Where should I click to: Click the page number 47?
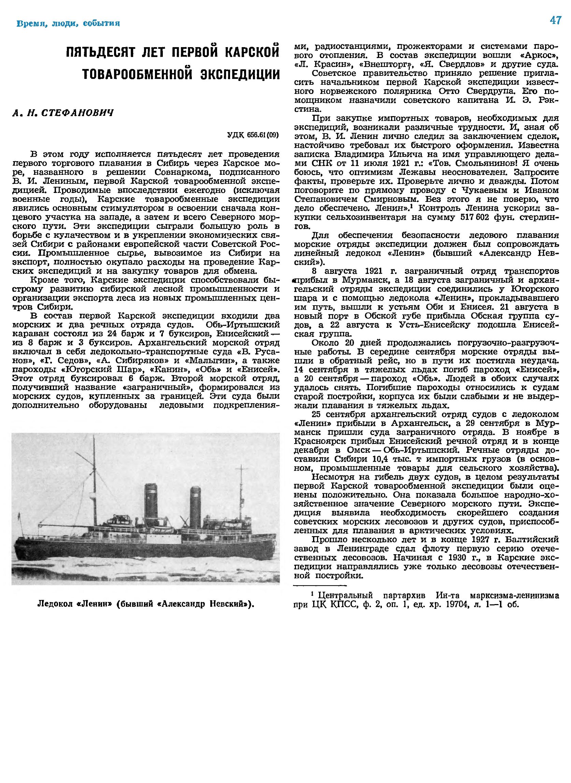click(x=555, y=21)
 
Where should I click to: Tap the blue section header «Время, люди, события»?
click(x=69, y=24)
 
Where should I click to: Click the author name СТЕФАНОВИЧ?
click(x=77, y=113)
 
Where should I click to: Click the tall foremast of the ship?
click(x=94, y=484)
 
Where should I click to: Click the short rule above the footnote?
click(x=320, y=585)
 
